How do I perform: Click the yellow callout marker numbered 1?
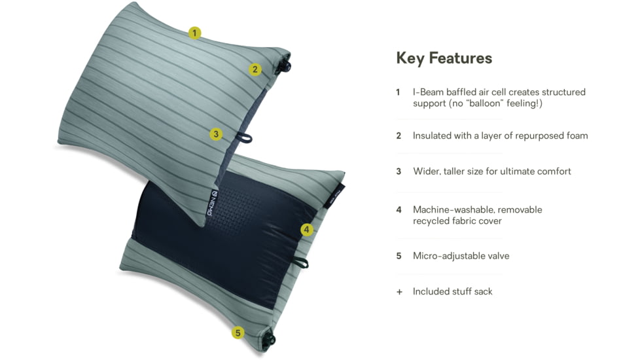(x=194, y=33)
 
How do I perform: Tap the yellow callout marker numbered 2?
(x=255, y=69)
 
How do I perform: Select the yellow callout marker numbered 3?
(x=217, y=134)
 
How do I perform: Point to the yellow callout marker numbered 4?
(x=308, y=230)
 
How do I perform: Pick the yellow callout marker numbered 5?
(x=238, y=333)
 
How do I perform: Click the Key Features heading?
(x=444, y=58)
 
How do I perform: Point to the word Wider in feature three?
(x=425, y=171)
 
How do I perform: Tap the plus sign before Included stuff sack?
(x=399, y=292)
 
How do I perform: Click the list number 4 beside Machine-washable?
(x=399, y=209)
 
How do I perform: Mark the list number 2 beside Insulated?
(x=399, y=135)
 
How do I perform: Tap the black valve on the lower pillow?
(x=266, y=339)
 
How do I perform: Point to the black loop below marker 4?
(x=302, y=262)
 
